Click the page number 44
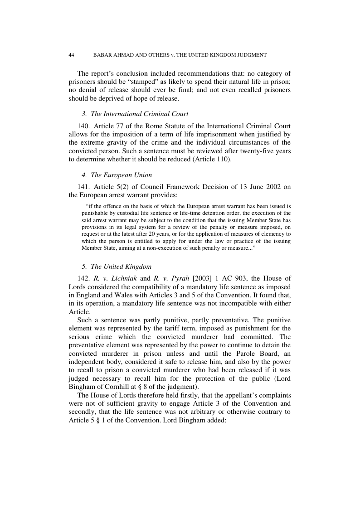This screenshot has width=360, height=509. click(x=71, y=55)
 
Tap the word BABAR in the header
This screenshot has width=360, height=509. click(x=103, y=55)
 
